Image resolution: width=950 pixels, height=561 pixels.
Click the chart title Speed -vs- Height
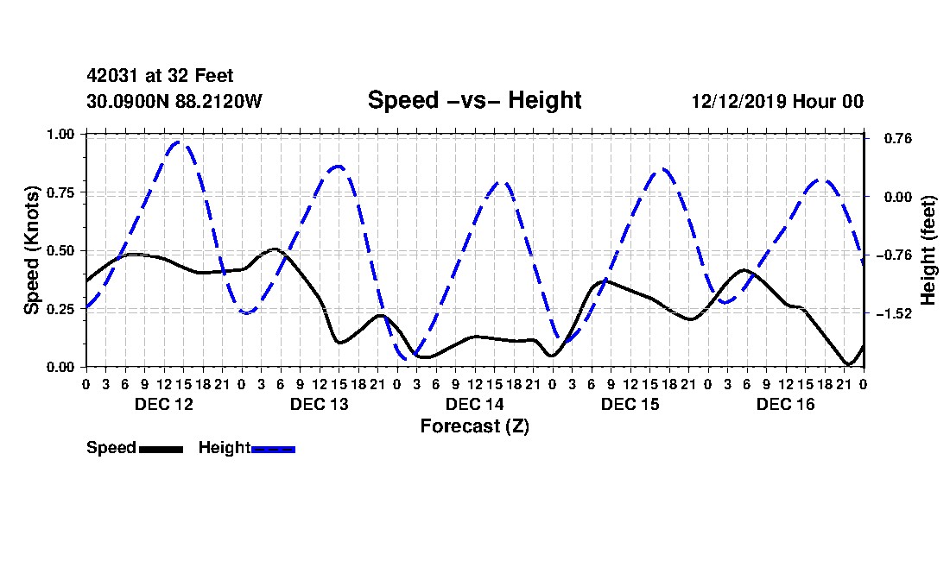(x=474, y=100)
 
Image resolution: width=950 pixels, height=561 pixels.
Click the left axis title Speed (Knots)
(x=31, y=250)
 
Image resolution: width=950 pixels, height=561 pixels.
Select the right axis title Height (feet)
(x=928, y=250)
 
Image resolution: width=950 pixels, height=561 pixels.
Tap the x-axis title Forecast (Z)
(x=474, y=426)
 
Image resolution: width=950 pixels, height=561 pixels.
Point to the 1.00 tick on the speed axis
(x=60, y=134)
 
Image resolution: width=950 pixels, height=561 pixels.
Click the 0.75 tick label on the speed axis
(x=60, y=192)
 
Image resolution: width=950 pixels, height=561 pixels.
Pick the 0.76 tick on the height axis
(x=898, y=139)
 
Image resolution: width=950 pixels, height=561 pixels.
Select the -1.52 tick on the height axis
(x=894, y=313)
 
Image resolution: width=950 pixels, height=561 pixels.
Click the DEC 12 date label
(x=163, y=404)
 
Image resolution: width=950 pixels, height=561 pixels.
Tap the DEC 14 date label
(x=474, y=404)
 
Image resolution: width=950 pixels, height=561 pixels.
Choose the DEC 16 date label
(x=786, y=404)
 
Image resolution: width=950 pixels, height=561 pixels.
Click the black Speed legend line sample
(x=161, y=449)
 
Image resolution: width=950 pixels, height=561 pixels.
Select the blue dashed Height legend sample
(x=273, y=449)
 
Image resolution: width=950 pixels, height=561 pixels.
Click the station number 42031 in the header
(x=112, y=76)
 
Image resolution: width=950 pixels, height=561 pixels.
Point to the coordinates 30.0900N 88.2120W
(x=174, y=101)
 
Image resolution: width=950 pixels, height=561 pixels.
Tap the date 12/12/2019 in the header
(x=739, y=101)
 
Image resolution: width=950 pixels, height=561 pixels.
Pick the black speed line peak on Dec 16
(x=744, y=270)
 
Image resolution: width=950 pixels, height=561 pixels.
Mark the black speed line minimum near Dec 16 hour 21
(x=848, y=363)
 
